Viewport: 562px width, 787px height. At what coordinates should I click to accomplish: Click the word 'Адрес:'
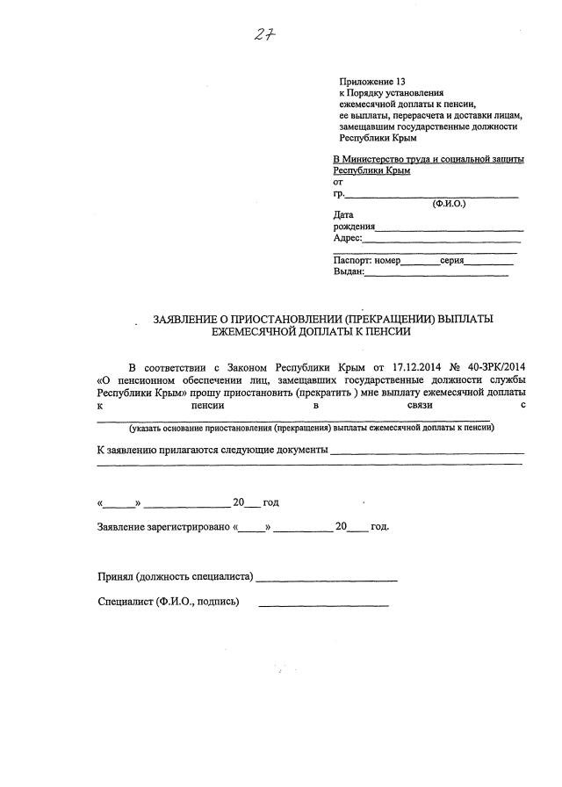pyautogui.click(x=348, y=237)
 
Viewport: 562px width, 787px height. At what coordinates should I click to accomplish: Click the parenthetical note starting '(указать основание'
pyautogui.click(x=310, y=428)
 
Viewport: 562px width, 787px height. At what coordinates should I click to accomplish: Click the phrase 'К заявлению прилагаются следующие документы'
pyautogui.click(x=212, y=451)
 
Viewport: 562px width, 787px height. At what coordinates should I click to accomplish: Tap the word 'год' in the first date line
pyautogui.click(x=270, y=502)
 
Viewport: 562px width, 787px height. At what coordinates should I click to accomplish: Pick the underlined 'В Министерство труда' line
pyautogui.click(x=429, y=159)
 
